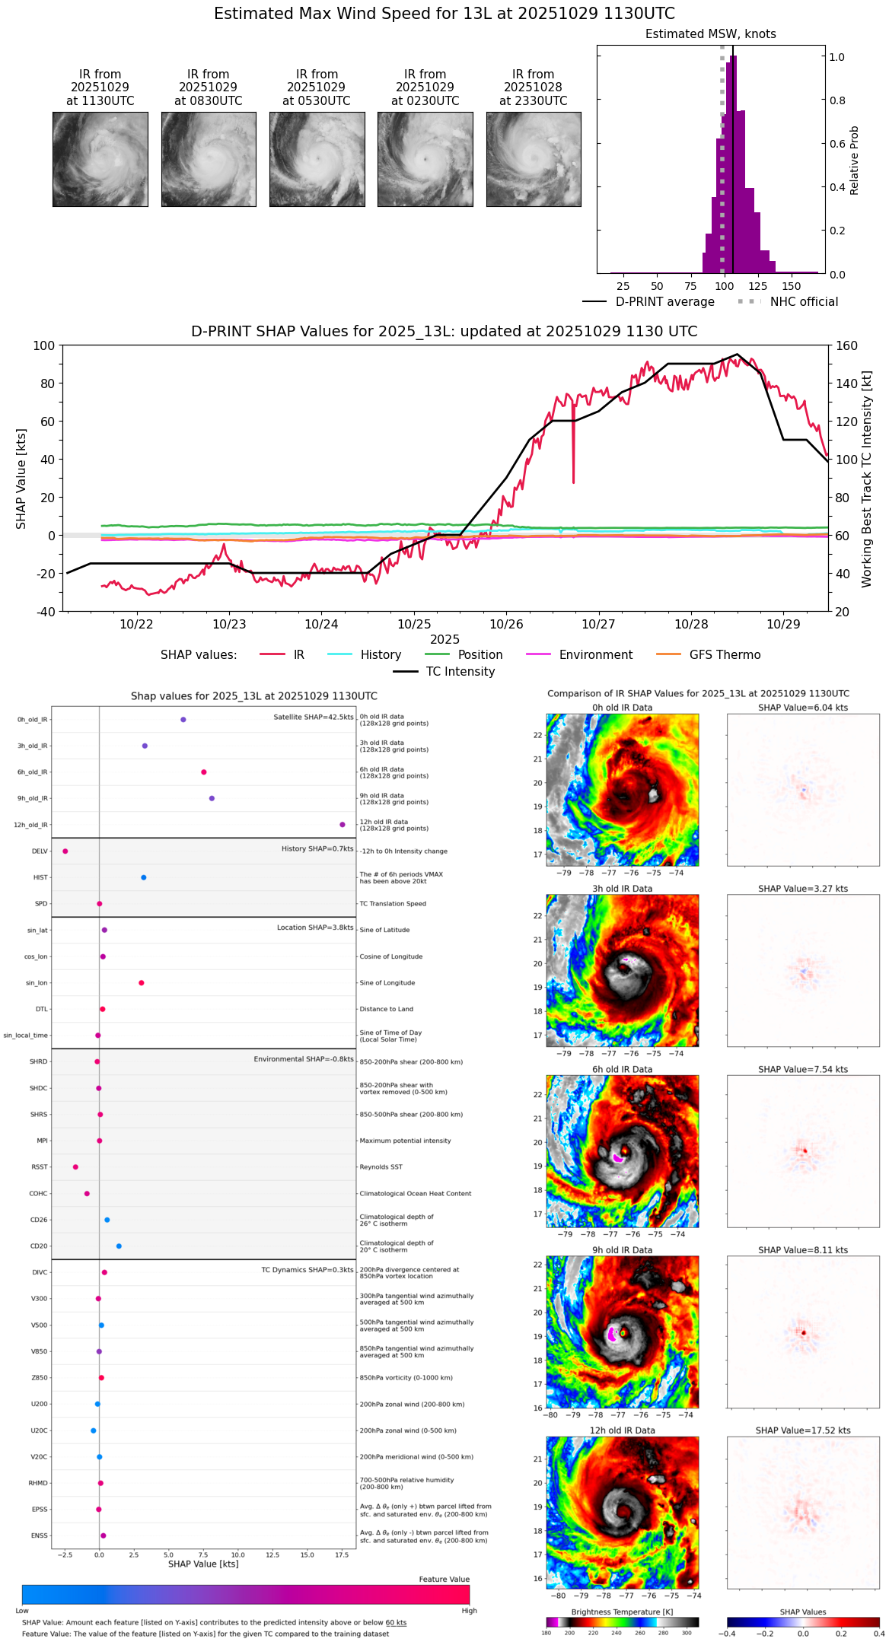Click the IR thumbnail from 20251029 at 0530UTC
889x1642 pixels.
pyautogui.click(x=317, y=159)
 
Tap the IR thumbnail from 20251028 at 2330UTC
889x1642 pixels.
pyautogui.click(x=534, y=159)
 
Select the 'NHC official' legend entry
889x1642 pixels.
pyautogui.click(x=804, y=302)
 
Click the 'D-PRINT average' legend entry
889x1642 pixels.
pyautogui.click(x=664, y=302)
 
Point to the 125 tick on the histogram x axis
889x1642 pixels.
pyautogui.click(x=757, y=287)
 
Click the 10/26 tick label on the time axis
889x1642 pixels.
pyautogui.click(x=506, y=625)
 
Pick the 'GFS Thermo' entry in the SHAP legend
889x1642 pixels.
pyautogui.click(x=725, y=655)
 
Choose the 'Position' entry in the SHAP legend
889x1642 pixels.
pyautogui.click(x=480, y=655)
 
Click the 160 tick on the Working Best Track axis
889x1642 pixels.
pyautogui.click(x=846, y=345)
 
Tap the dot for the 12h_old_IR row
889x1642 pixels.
pyautogui.click(x=343, y=825)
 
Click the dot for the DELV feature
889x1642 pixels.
pyautogui.click(x=65, y=851)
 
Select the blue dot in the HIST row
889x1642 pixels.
pyautogui.click(x=144, y=877)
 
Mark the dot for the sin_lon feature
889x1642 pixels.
pyautogui.click(x=142, y=983)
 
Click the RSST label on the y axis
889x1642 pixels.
pyautogui.click(x=39, y=1167)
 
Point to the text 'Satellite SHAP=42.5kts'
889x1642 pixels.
pyautogui.click(x=314, y=717)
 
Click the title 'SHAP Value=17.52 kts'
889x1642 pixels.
pyautogui.click(x=803, y=1431)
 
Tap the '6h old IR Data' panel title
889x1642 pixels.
pyautogui.click(x=623, y=1070)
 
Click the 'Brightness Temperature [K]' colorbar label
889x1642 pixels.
pyautogui.click(x=622, y=1612)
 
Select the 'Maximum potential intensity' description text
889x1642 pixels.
pyautogui.click(x=405, y=1141)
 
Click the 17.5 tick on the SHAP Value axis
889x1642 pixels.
pyautogui.click(x=342, y=1555)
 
